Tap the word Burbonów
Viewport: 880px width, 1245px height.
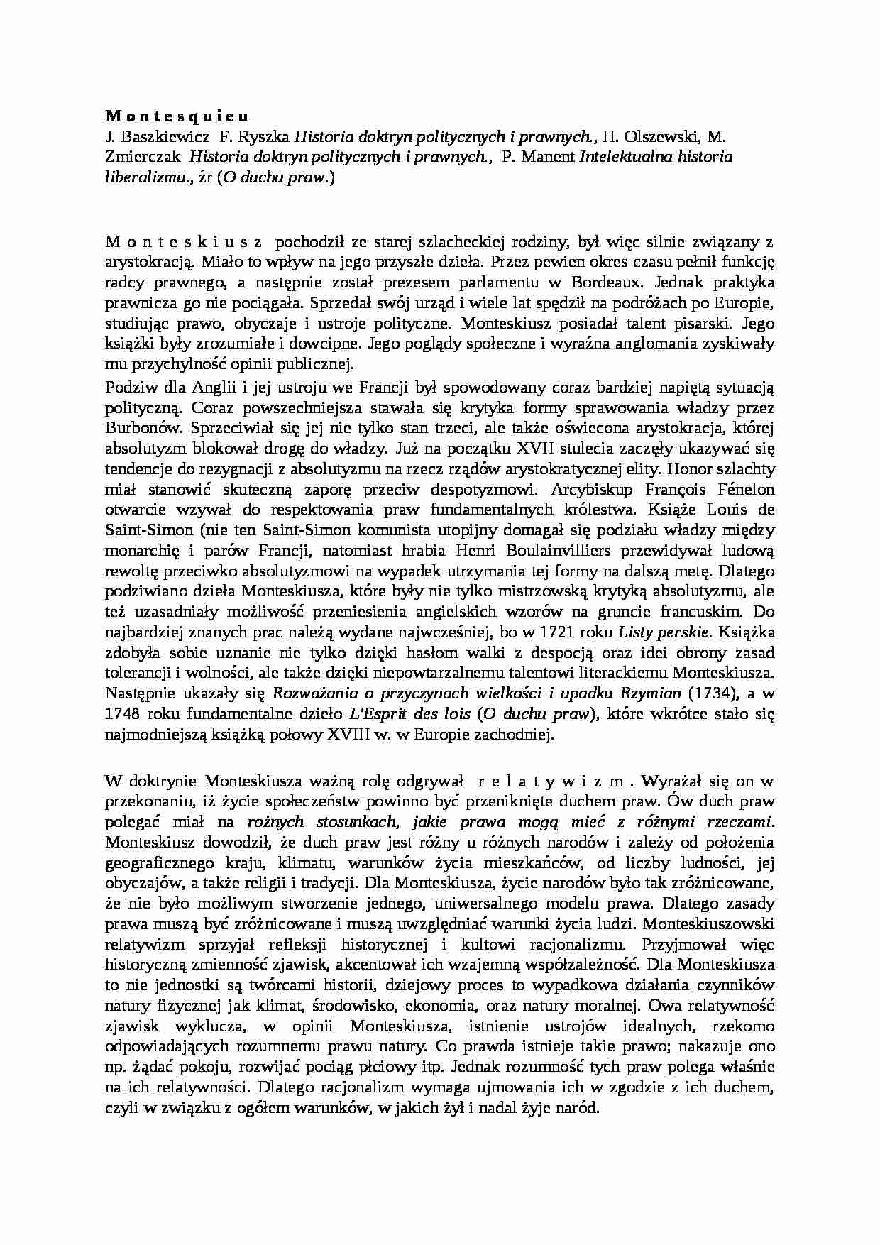pos(141,428)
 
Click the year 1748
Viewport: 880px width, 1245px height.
pos(123,713)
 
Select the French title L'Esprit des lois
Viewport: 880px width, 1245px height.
pos(409,713)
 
